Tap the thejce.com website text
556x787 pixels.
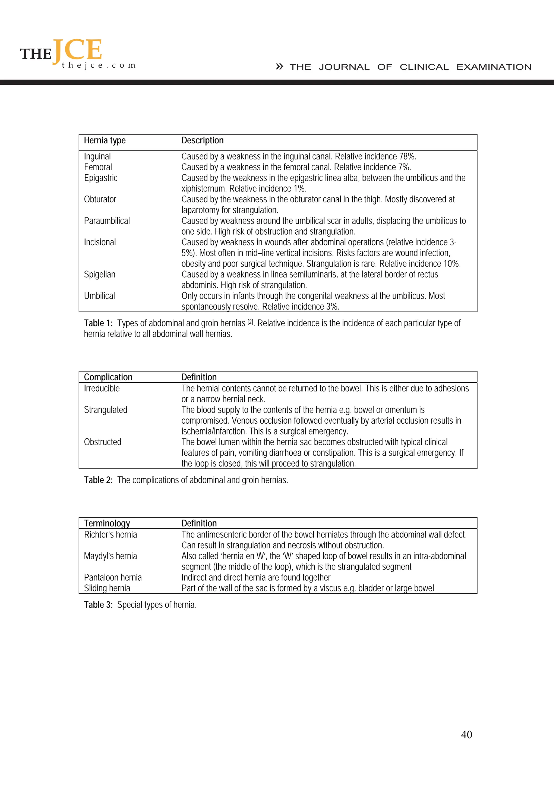(99, 65)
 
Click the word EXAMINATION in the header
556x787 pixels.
(494, 67)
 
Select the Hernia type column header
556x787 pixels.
(105, 141)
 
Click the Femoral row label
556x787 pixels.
(98, 167)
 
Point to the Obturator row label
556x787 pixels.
(100, 200)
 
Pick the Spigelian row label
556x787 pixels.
(100, 275)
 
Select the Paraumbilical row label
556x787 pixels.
(107, 221)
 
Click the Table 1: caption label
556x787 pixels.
(98, 323)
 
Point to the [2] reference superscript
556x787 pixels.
(250, 322)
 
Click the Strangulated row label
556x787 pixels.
(106, 410)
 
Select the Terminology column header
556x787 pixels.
(107, 523)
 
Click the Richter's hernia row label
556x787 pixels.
(110, 535)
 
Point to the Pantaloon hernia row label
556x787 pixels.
(113, 578)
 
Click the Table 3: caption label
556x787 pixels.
(98, 605)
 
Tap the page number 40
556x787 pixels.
(466, 735)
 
